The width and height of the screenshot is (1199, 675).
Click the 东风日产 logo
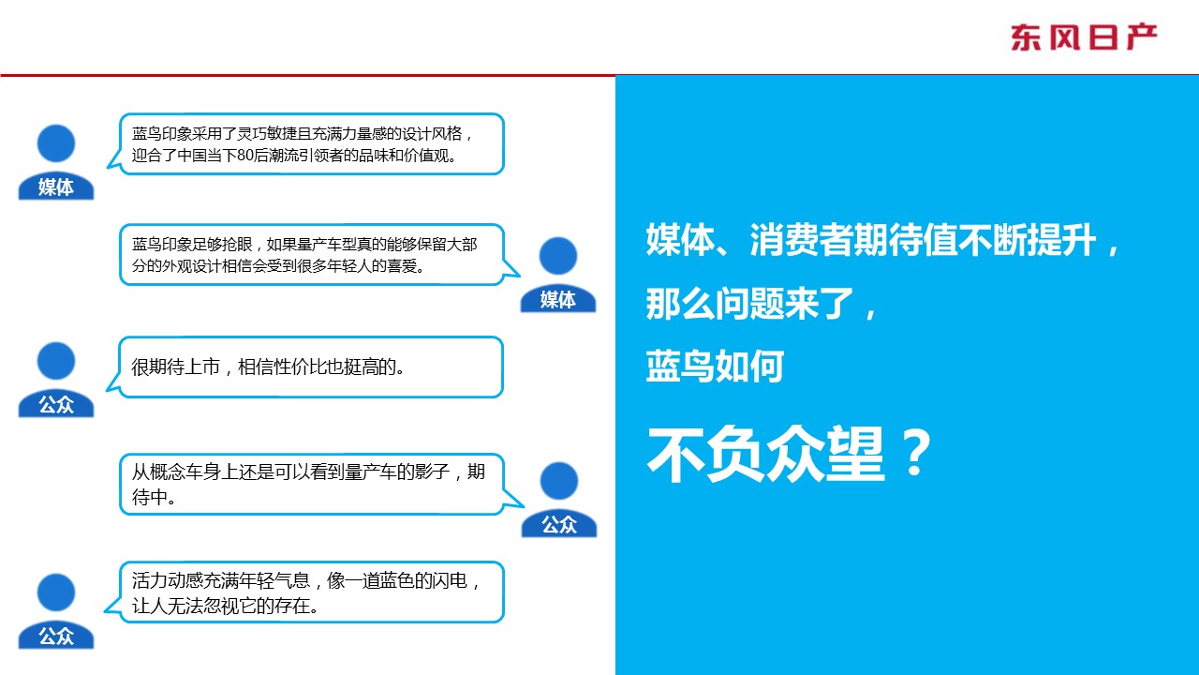pos(1084,37)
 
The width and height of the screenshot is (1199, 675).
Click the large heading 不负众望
pos(765,455)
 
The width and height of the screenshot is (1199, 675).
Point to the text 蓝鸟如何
pos(715,366)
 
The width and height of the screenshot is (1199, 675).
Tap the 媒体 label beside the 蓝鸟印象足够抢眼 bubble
pos(557,299)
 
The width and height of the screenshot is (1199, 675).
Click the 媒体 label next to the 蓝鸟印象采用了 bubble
pos(55,187)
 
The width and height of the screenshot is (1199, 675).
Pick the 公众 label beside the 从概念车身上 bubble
pos(559,524)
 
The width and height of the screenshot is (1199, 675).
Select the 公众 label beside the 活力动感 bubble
pos(55,637)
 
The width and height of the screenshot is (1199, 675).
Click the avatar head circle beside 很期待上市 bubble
pos(55,361)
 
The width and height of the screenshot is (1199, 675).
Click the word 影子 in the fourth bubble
pos(432,472)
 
